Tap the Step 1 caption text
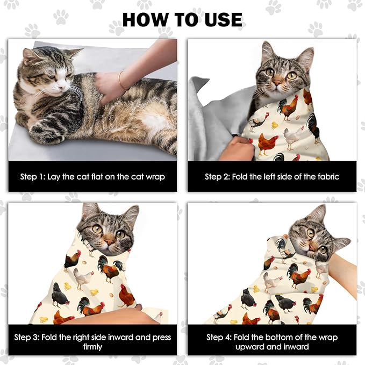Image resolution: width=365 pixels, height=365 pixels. tap(92, 176)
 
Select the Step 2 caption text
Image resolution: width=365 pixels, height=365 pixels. tap(272, 176)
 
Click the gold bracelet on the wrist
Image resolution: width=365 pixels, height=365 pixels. tap(121, 81)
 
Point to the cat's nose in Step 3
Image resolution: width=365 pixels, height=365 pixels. tap(109, 243)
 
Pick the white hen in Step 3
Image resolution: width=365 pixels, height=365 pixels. tap(82, 278)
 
